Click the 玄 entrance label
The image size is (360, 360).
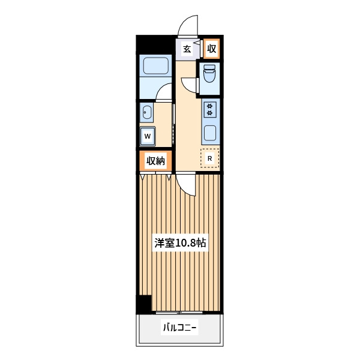pyautogui.click(x=187, y=49)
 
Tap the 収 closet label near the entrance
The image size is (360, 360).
pyautogui.click(x=211, y=49)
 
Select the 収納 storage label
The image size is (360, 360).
pyautogui.click(x=155, y=161)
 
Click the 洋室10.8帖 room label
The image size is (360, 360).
pyautogui.click(x=180, y=243)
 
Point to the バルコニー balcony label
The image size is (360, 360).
pyautogui.click(x=180, y=328)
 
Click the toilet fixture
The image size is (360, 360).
pyautogui.click(x=209, y=73)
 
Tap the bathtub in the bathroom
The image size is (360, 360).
pyautogui.click(x=156, y=65)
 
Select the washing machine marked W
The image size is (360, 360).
pyautogui.click(x=148, y=136)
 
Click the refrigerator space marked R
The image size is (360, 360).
pyautogui.click(x=209, y=158)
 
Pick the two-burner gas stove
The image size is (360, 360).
pyautogui.click(x=210, y=110)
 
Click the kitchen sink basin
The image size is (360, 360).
pyautogui.click(x=210, y=133)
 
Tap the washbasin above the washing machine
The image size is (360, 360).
pyautogui.click(x=147, y=112)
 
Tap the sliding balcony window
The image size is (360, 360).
pyautogui.click(x=179, y=313)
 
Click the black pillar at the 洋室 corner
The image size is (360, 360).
pyautogui.click(x=144, y=304)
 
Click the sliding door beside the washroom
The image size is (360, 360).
pyautogui.click(x=173, y=124)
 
